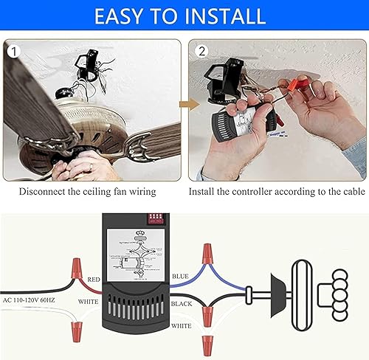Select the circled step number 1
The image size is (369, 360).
tap(13, 51)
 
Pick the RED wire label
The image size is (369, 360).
tap(94, 280)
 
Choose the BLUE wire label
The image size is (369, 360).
tap(181, 275)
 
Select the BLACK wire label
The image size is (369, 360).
tap(182, 302)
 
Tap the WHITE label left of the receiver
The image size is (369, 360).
tap(89, 302)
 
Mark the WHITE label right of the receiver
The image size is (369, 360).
tap(182, 325)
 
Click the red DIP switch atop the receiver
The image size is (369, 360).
tap(156, 220)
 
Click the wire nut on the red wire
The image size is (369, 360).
tap(76, 268)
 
